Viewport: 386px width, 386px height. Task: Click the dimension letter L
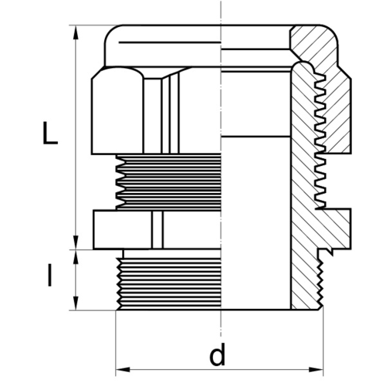(x=50, y=133)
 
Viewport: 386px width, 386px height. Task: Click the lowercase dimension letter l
(x=49, y=276)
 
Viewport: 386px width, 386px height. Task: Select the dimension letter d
(x=218, y=354)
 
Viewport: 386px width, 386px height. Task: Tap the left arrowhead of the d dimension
(x=123, y=370)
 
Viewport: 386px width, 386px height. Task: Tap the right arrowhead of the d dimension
(x=316, y=370)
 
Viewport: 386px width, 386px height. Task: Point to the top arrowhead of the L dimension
(x=76, y=32)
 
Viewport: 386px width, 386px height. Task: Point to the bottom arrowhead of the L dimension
(x=76, y=242)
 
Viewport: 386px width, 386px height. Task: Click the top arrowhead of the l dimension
(x=76, y=257)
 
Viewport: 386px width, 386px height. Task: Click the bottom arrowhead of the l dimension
(x=76, y=303)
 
